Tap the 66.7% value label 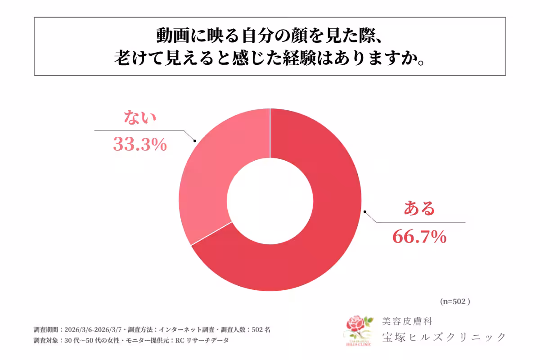click(419, 236)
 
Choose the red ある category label click(419, 209)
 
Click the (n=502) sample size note click(454, 301)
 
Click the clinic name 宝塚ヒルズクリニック click(444, 337)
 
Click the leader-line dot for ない click(195, 141)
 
